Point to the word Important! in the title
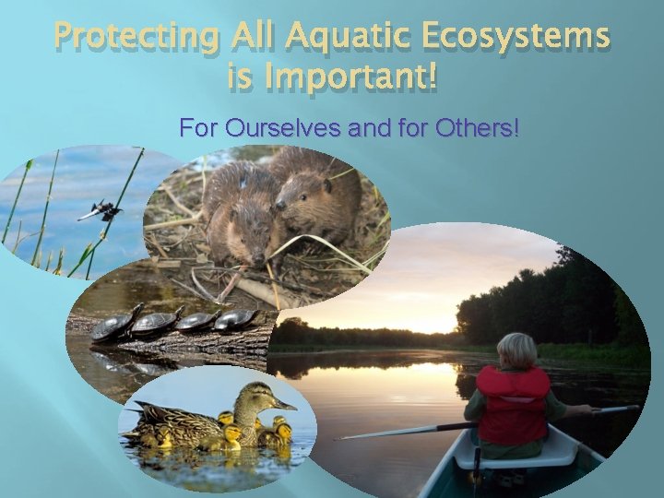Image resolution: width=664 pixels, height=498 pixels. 356,81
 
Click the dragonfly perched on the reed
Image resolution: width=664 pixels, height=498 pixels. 101,211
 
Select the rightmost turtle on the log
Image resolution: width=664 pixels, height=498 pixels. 240,318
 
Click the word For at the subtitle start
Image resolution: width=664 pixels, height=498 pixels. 198,126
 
